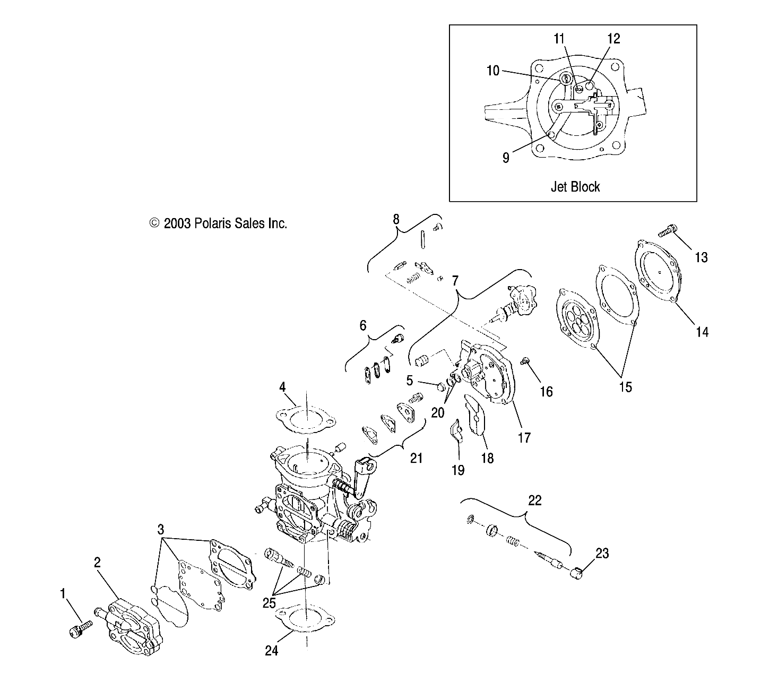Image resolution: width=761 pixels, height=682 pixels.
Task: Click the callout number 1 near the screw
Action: pos(63,594)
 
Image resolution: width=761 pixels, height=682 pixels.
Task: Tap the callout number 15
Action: pos(626,387)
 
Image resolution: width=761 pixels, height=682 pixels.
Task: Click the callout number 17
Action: pos(524,438)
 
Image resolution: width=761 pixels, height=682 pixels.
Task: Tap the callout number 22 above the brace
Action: pos(534,500)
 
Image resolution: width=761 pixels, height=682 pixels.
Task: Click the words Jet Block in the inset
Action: pos(575,187)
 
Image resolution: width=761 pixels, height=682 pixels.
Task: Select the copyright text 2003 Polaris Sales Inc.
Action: pos(218,223)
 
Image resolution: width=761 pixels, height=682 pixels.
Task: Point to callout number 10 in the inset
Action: pos(493,71)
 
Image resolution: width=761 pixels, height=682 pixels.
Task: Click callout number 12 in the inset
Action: pos(613,39)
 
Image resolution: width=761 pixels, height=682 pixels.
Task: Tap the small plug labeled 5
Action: pos(440,385)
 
